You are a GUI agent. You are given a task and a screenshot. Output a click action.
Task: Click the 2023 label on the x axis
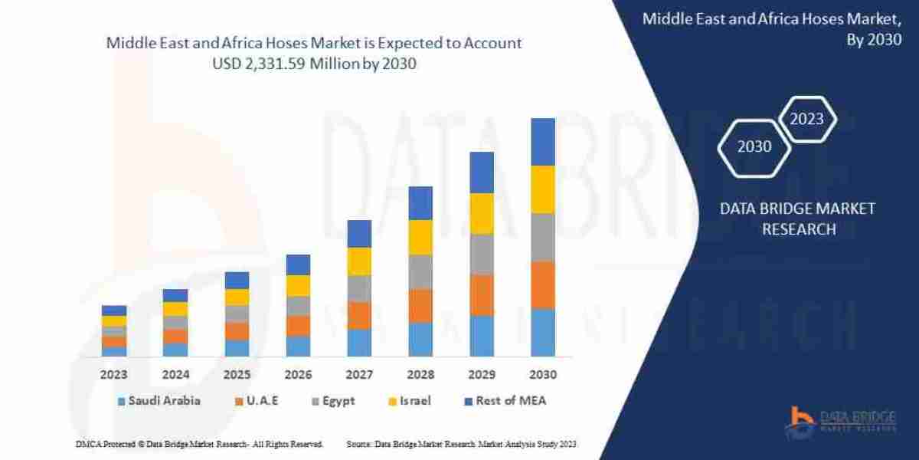[113, 375]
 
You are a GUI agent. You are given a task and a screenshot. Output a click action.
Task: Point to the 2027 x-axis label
[359, 375]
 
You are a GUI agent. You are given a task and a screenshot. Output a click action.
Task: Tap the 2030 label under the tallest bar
[542, 375]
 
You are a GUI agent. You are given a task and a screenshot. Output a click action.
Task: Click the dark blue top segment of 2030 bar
[542, 142]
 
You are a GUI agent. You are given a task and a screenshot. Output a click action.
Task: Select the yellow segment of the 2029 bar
[481, 213]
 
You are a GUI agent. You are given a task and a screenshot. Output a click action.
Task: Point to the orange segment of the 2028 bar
[420, 305]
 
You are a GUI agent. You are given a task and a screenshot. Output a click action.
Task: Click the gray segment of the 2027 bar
[359, 288]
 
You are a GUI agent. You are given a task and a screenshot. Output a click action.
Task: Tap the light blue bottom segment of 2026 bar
[298, 346]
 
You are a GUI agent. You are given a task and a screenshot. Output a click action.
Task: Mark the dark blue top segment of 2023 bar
[114, 310]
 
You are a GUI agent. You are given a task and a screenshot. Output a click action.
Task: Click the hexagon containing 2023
[806, 119]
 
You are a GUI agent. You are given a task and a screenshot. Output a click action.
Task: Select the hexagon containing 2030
[754, 146]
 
